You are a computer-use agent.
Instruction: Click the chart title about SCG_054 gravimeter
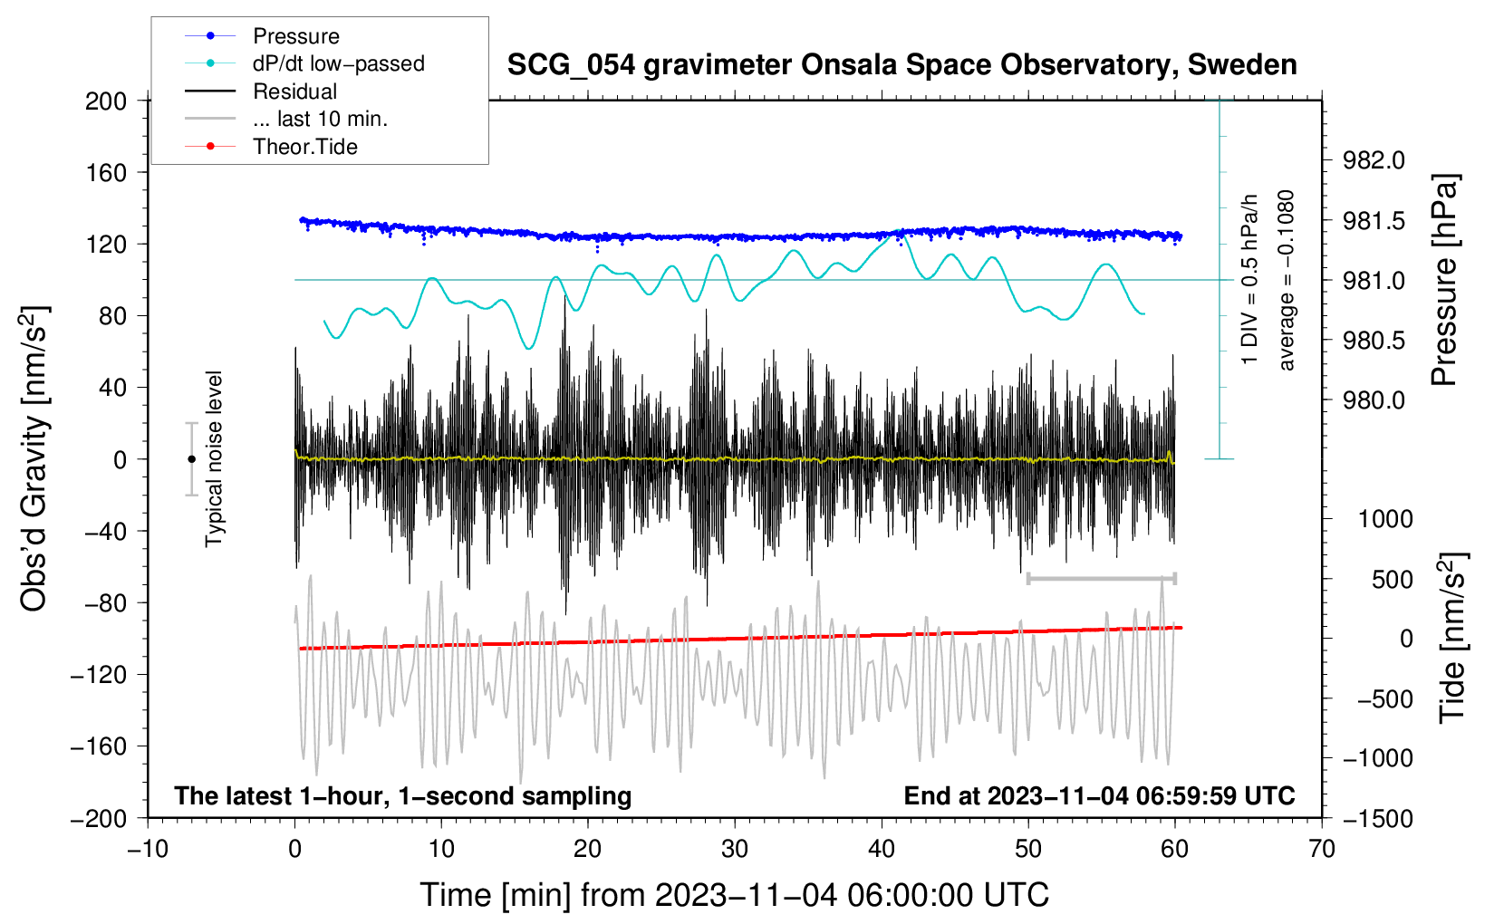[901, 65]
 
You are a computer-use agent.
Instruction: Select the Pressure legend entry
[295, 36]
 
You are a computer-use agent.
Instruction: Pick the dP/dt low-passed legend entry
[338, 63]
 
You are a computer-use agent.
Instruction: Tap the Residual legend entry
[294, 91]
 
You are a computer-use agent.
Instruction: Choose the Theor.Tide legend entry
[304, 147]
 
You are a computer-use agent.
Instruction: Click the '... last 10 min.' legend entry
[320, 119]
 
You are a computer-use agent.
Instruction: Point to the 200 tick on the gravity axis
[106, 101]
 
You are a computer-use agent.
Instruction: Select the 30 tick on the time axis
[735, 849]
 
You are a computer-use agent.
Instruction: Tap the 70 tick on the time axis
[1322, 849]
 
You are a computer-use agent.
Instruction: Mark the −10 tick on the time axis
[148, 849]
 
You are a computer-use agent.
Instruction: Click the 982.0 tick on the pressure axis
[1374, 160]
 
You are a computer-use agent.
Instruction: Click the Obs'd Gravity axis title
[34, 459]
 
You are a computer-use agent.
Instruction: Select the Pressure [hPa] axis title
[1445, 281]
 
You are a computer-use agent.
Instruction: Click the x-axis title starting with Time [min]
[735, 895]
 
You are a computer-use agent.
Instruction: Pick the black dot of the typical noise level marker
[191, 459]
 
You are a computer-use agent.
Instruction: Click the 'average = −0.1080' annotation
[1287, 281]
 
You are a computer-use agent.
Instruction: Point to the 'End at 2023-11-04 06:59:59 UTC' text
[1099, 795]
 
